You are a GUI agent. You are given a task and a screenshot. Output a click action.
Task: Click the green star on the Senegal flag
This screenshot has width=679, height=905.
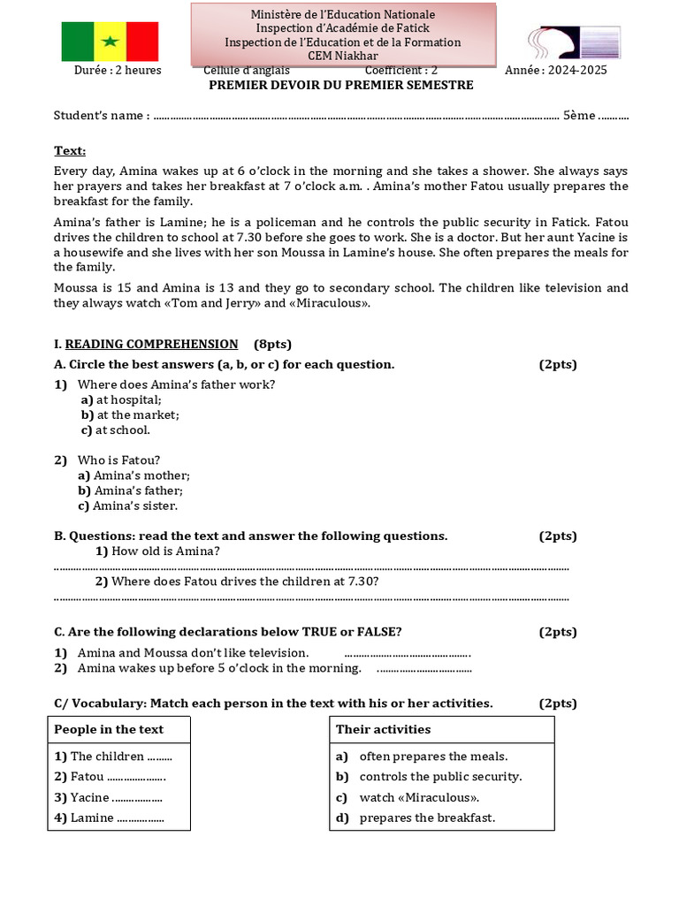(x=110, y=42)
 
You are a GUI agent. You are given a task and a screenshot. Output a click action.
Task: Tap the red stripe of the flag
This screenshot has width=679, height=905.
(x=141, y=42)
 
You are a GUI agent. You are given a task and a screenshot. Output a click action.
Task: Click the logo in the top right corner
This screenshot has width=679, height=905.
(x=574, y=42)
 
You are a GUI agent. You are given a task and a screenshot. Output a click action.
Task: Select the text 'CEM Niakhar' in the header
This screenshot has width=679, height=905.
(x=342, y=56)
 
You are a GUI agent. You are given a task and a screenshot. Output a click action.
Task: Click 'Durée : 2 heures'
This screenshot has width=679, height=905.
(x=118, y=71)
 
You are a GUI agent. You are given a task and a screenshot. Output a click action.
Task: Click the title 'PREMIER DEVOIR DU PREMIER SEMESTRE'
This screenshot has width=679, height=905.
(x=340, y=86)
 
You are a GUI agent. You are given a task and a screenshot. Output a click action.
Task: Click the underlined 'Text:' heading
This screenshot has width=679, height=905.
(x=70, y=151)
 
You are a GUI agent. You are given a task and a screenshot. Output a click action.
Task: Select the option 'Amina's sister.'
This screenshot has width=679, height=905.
(x=135, y=506)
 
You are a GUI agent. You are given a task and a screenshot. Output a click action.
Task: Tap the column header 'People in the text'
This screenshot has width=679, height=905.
(x=109, y=729)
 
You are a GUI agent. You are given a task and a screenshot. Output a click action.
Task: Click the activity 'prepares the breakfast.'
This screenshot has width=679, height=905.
(x=427, y=818)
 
